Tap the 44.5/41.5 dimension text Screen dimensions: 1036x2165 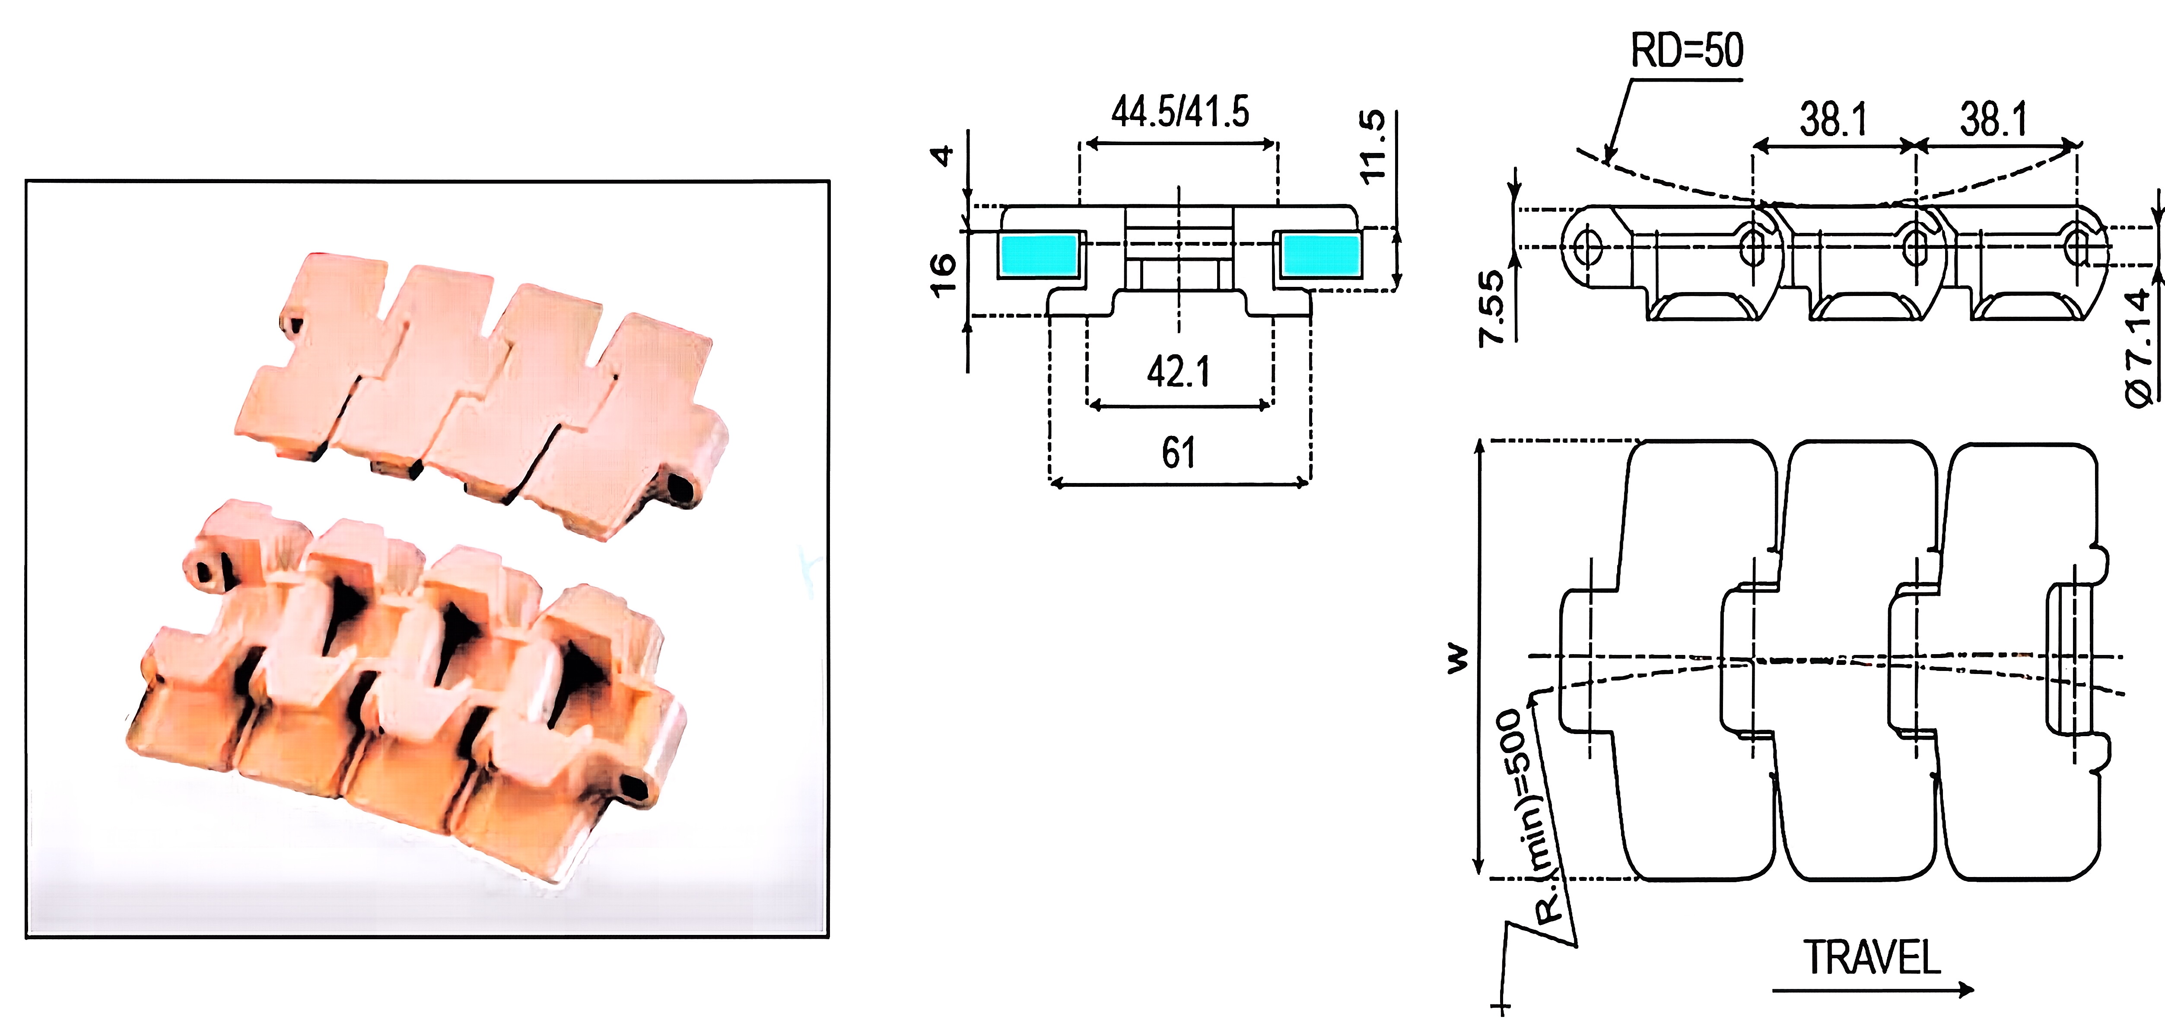1180,112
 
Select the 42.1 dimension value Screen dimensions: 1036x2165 1178,372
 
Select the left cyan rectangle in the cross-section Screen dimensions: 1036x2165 1039,254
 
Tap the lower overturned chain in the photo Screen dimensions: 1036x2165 412,680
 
